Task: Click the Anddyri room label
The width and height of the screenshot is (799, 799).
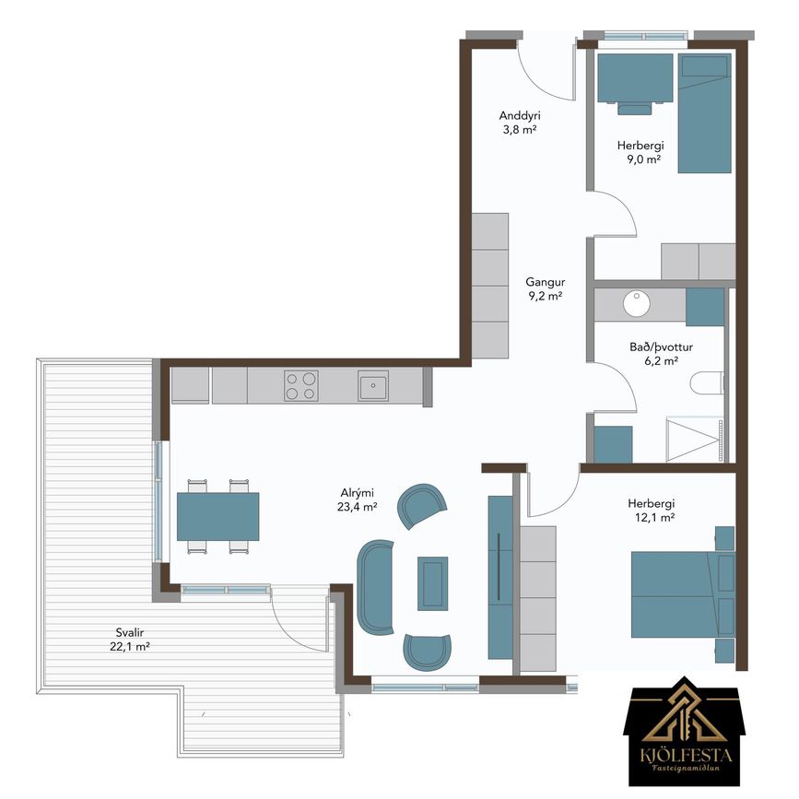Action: point(520,123)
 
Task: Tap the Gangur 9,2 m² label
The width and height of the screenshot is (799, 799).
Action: point(546,289)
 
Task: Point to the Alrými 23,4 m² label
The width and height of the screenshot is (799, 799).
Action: point(358,499)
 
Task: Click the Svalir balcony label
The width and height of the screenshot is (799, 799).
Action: point(129,640)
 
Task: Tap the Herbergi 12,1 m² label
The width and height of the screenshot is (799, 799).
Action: point(652,511)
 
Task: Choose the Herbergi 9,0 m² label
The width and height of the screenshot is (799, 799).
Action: point(640,152)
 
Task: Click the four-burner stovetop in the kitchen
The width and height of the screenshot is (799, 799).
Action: point(301,386)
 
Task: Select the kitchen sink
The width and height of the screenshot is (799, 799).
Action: point(373,386)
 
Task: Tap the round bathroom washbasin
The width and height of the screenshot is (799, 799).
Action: point(637,304)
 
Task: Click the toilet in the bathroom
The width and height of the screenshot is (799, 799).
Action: point(707,382)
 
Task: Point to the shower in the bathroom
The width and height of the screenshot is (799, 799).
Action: point(695,441)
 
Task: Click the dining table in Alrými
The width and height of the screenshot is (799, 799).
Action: point(218,516)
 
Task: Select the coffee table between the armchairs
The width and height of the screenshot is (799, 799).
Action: point(432,583)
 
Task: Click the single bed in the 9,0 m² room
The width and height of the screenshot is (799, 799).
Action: point(705,113)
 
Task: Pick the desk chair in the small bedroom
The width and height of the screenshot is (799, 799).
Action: point(634,107)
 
